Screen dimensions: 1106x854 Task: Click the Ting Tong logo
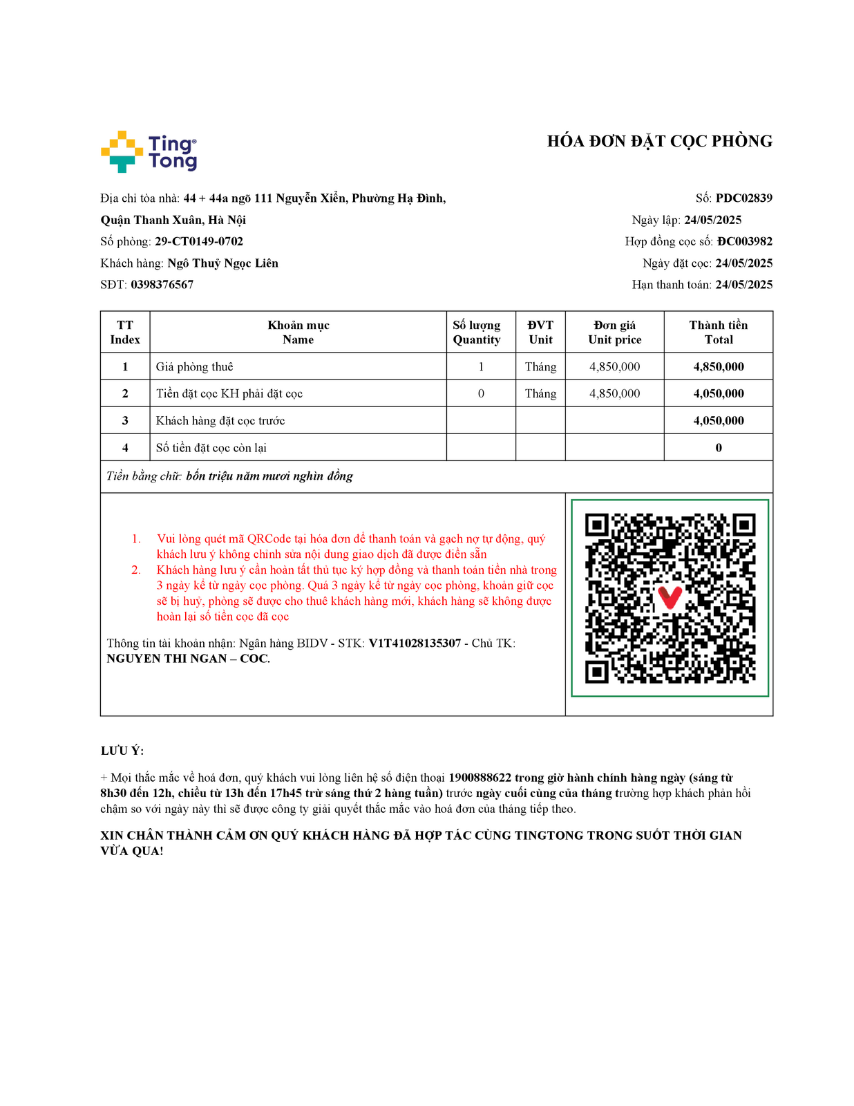pyautogui.click(x=149, y=152)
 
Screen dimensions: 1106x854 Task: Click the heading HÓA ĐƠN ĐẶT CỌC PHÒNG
pyautogui.click(x=659, y=142)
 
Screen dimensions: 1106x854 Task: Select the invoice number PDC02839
pyautogui.click(x=743, y=198)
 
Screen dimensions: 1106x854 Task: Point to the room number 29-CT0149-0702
pyautogui.click(x=199, y=241)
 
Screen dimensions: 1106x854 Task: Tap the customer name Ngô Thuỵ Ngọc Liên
pyautogui.click(x=222, y=263)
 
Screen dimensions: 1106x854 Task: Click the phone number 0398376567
pyautogui.click(x=162, y=285)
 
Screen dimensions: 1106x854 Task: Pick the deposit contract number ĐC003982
pyautogui.click(x=744, y=241)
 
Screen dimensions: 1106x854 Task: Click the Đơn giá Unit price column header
pyautogui.click(x=614, y=332)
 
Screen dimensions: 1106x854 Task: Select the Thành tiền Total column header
pyautogui.click(x=718, y=332)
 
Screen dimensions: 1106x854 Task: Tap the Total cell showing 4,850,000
pyautogui.click(x=719, y=367)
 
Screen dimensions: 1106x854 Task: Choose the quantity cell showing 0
pyautogui.click(x=481, y=394)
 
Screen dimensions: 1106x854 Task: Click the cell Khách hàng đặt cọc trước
pyautogui.click(x=220, y=421)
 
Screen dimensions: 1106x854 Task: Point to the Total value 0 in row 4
pyautogui.click(x=719, y=448)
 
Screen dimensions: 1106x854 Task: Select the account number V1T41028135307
pyautogui.click(x=415, y=644)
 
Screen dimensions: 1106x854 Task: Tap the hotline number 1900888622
pyautogui.click(x=480, y=778)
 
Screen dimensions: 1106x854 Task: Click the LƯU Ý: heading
pyautogui.click(x=122, y=751)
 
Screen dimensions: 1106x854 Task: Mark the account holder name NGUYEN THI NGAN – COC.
pyautogui.click(x=188, y=659)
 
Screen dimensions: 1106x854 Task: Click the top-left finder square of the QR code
pyautogui.click(x=597, y=525)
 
